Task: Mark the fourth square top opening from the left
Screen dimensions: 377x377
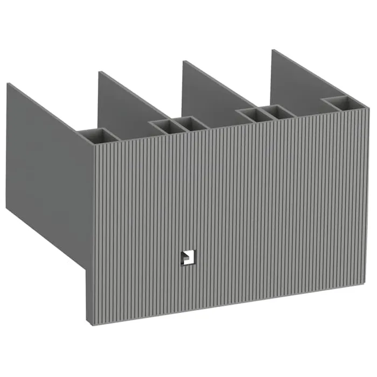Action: (x=250, y=115)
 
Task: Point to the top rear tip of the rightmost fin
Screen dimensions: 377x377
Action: (x=273, y=50)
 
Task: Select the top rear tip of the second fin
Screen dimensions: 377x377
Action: (x=99, y=72)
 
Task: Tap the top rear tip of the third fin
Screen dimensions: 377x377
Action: (x=184, y=61)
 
